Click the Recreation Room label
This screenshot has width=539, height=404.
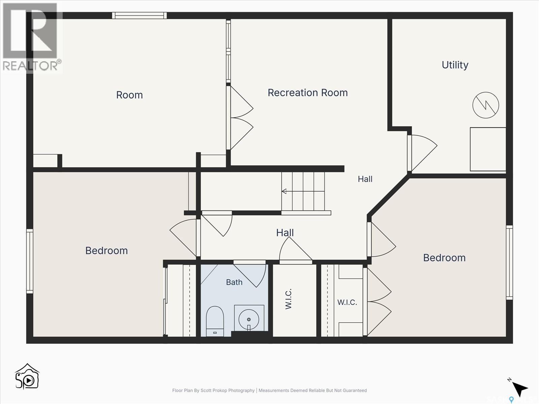coord(308,93)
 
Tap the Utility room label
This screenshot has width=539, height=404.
coord(455,65)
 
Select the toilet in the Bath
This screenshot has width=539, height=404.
coord(215,321)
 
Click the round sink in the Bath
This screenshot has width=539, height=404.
coord(249,319)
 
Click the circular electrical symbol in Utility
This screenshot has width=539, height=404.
coord(486,105)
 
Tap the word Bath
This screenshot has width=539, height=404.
coord(234,282)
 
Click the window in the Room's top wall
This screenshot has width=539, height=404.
coord(139,15)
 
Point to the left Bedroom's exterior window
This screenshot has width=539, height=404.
coord(30,261)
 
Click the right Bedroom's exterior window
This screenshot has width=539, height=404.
coord(509,263)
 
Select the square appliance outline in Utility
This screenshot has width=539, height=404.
coord(488,149)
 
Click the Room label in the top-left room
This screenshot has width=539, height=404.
coord(129,95)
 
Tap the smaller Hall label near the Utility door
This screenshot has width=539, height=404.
coord(365,179)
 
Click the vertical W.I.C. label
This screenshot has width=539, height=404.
coord(288,299)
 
